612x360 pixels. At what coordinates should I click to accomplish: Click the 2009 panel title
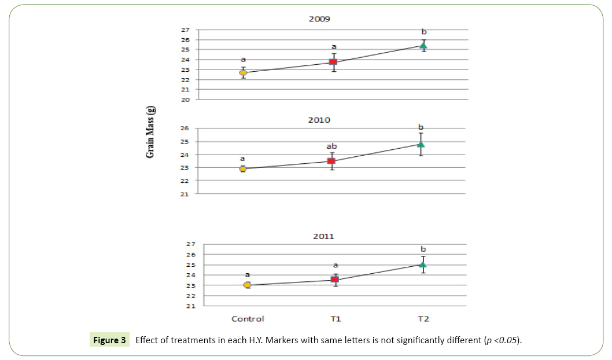pyautogui.click(x=319, y=19)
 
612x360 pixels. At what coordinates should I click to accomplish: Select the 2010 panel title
pyautogui.click(x=319, y=120)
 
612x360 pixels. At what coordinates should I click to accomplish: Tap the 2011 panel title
pyautogui.click(x=323, y=236)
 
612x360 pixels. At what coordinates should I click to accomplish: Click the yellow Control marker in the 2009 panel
pyautogui.click(x=244, y=72)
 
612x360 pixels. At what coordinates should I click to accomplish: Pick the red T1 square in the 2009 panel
pyautogui.click(x=333, y=62)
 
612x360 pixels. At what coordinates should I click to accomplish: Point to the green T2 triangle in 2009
pyautogui.click(x=423, y=46)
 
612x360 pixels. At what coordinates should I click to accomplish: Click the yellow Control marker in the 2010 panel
pyautogui.click(x=243, y=168)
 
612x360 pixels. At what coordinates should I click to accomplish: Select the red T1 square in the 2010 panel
pyautogui.click(x=331, y=161)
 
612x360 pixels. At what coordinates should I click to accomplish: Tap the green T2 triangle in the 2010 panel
pyautogui.click(x=421, y=144)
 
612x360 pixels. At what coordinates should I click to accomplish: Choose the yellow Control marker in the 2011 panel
pyautogui.click(x=248, y=285)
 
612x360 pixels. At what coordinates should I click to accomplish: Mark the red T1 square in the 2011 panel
pyautogui.click(x=335, y=280)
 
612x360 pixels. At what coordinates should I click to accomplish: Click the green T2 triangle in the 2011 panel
pyautogui.click(x=423, y=265)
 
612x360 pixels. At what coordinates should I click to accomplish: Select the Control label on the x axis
pyautogui.click(x=248, y=319)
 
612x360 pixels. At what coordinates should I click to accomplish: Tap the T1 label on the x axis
pyautogui.click(x=335, y=319)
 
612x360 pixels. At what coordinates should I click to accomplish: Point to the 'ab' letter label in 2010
pyautogui.click(x=331, y=146)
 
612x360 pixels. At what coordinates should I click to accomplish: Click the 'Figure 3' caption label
pyautogui.click(x=108, y=340)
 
